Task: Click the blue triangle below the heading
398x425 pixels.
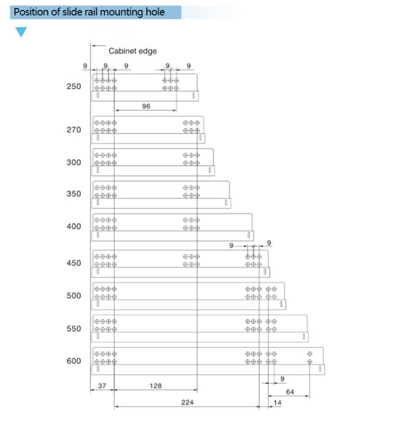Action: coord(21,31)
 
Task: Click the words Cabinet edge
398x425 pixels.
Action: coord(132,51)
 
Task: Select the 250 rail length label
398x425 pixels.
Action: coord(73,86)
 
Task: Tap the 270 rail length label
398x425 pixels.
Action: coord(73,130)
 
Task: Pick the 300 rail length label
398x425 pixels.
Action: coord(73,162)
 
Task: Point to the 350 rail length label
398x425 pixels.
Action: coord(73,194)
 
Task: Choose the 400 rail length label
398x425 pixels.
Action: coord(73,227)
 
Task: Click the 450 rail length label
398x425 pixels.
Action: coord(73,263)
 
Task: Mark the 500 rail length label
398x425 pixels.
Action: coord(73,296)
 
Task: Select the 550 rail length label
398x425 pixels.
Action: coord(73,328)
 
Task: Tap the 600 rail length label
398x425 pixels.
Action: coord(73,361)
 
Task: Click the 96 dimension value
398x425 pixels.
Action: coord(146,107)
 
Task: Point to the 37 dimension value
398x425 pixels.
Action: coord(102,386)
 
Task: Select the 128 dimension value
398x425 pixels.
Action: coord(156,386)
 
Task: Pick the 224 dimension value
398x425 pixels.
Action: coord(187,402)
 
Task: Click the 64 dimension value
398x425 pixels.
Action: coord(290,392)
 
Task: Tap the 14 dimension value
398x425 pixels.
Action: coord(277,403)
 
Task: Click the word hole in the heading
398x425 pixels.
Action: coord(156,12)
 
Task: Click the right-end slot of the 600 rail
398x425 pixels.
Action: coord(320,369)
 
